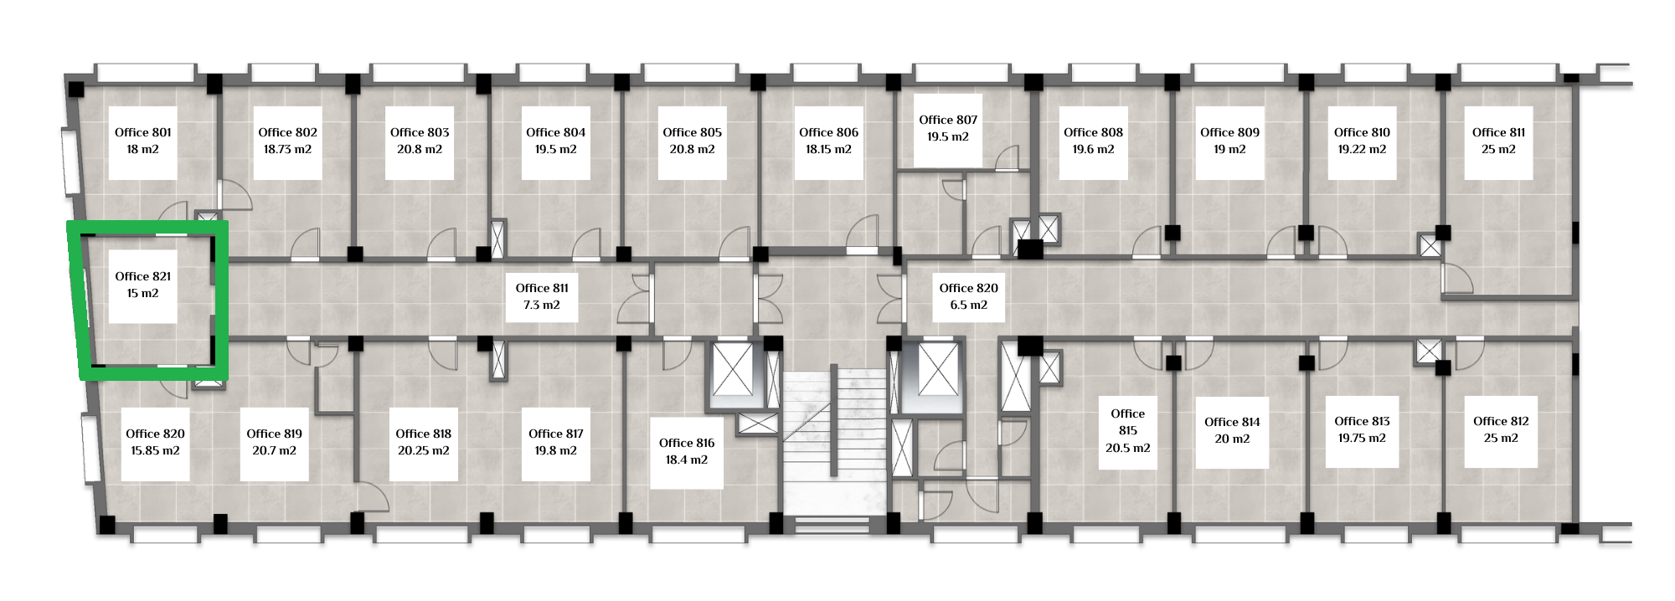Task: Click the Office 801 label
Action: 143,132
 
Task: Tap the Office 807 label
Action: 948,120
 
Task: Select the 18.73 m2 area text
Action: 287,149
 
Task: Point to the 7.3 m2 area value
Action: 542,305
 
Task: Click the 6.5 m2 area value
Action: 969,305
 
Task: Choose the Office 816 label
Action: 687,443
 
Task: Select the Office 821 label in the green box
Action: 143,276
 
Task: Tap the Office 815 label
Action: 1128,422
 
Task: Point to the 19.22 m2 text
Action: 1362,149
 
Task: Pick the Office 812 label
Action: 1501,421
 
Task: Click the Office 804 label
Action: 556,132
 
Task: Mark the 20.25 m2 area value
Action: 424,450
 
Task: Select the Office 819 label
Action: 275,434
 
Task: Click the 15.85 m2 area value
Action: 155,450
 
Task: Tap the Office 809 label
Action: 1229,132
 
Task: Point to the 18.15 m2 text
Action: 828,149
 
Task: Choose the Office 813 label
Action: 1362,421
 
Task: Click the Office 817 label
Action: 556,434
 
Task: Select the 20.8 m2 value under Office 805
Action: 692,149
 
